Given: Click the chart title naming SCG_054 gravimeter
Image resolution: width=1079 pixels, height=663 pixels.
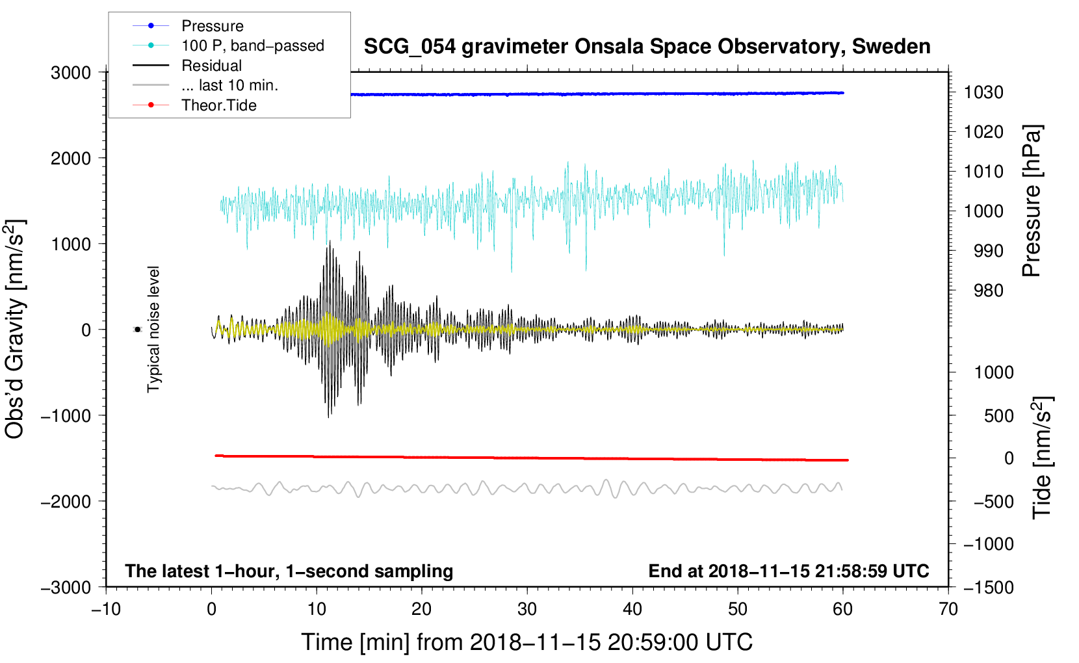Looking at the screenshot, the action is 647,47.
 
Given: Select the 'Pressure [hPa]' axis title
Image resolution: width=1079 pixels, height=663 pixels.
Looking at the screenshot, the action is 1032,201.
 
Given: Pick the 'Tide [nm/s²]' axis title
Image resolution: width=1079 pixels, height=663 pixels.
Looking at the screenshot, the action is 1042,458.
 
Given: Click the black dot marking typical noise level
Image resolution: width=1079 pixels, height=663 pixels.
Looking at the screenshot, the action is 138,330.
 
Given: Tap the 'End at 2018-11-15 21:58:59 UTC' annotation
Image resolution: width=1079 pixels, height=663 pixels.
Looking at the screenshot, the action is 788,571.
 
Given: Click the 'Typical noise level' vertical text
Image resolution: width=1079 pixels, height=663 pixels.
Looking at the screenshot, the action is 153,330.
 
